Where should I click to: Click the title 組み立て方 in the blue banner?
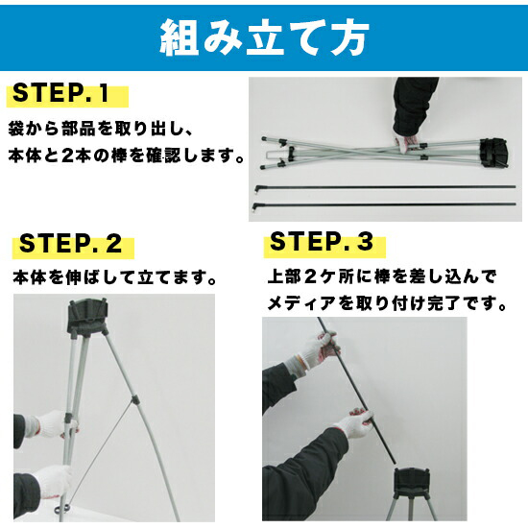tap(264, 36)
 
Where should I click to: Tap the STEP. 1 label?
tap(61, 93)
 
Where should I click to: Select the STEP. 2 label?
tap(70, 243)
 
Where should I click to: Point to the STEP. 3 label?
tap(322, 241)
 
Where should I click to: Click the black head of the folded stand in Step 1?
tap(494, 154)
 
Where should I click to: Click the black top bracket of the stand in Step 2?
tap(88, 317)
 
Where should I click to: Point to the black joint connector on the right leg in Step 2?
tap(134, 400)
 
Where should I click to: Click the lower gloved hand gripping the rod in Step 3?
tap(357, 423)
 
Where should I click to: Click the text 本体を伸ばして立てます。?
tap(114, 277)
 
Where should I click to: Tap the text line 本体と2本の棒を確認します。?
tap(126, 156)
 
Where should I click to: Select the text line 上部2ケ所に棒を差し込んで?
tap(382, 276)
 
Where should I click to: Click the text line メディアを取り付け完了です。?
tap(387, 303)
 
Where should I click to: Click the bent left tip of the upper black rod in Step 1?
tap(257, 189)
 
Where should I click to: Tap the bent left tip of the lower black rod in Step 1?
tap(255, 206)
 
